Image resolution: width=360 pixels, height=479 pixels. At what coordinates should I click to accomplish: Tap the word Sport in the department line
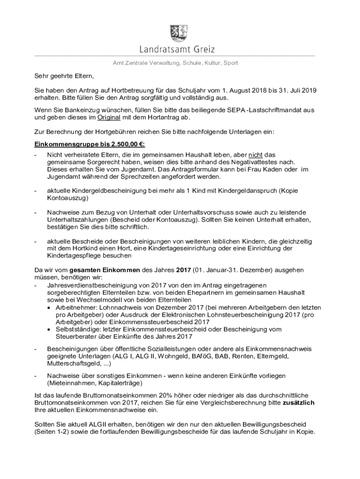pyautogui.click(x=230, y=63)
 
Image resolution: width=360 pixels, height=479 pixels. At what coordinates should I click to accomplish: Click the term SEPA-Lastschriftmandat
pyautogui.click(x=268, y=110)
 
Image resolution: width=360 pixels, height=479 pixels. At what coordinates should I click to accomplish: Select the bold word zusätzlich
pyautogui.click(x=295, y=403)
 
